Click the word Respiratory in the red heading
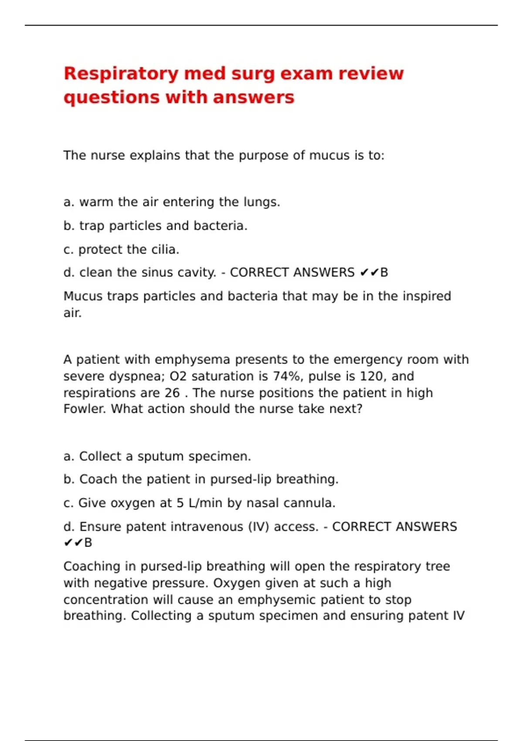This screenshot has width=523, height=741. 121,74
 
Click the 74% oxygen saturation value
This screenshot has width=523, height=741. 287,376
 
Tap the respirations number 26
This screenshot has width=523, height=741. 172,393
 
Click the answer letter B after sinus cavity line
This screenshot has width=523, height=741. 384,272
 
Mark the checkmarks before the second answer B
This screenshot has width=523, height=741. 73,543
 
